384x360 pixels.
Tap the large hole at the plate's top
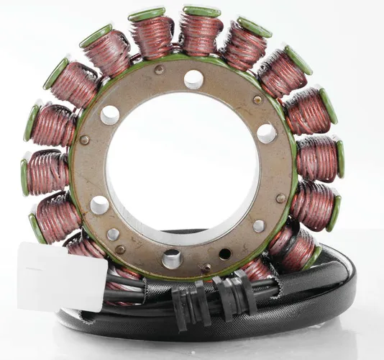pyautogui.click(x=193, y=79)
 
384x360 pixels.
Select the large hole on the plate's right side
pyautogui.click(x=266, y=133)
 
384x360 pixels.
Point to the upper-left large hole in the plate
pyautogui.click(x=110, y=115)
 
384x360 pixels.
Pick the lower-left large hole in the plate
pyautogui.click(x=100, y=204)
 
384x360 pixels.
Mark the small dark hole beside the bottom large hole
pyautogui.click(x=224, y=253)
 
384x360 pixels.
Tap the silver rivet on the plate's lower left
pyautogui.click(x=114, y=234)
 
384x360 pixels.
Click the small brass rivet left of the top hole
pyautogui.click(x=159, y=70)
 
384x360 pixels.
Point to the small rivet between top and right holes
pyautogui.click(x=257, y=99)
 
